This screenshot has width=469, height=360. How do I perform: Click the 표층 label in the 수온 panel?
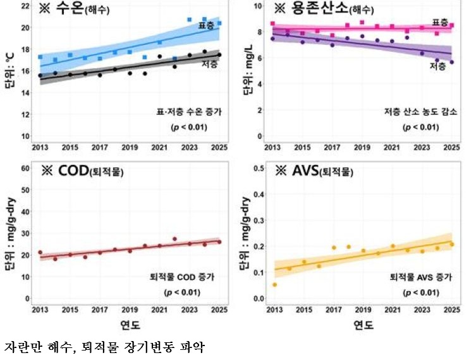(x=206, y=25)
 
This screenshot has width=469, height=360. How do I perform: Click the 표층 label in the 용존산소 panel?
(x=440, y=21)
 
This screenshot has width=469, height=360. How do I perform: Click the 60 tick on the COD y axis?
(x=26, y=168)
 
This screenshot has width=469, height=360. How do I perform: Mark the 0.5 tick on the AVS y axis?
(x=257, y=168)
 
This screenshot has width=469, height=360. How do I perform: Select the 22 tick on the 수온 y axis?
(x=26, y=6)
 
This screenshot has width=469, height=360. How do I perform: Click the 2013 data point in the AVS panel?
(x=274, y=284)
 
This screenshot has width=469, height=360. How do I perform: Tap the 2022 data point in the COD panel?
(x=174, y=239)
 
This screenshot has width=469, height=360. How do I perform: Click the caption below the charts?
(x=104, y=347)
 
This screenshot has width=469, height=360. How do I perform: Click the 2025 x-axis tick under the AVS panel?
(x=451, y=309)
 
